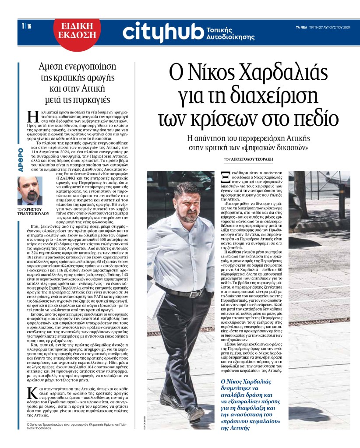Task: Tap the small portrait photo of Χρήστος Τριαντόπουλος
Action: (x=30, y=191)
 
